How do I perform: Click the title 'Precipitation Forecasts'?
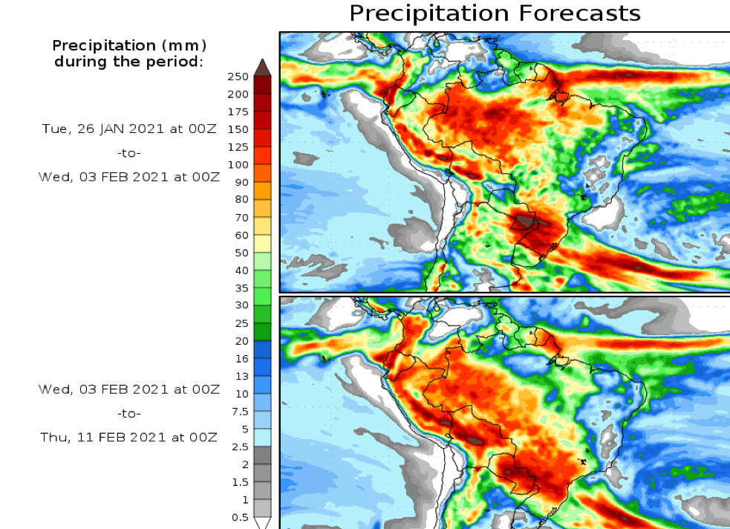[494, 13]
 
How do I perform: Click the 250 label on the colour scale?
[239, 77]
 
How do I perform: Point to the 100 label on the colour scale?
[239, 164]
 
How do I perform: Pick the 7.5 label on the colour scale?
[241, 412]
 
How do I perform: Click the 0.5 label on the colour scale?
[241, 517]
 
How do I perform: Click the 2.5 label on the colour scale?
[241, 447]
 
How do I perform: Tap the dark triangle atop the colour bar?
[262, 67]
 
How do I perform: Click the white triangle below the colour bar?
[262, 523]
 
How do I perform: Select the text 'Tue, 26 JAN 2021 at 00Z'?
[129, 129]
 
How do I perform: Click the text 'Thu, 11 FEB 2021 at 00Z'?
[129, 438]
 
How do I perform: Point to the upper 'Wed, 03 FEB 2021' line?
[129, 177]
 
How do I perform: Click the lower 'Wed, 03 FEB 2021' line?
[129, 389]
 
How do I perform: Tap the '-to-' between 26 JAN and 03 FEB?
[129, 153]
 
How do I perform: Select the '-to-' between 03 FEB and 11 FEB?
[129, 413]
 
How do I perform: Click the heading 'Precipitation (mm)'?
[130, 46]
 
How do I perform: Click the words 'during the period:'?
[128, 62]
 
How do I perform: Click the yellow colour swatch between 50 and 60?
[262, 244]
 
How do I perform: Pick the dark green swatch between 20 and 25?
[262, 332]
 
